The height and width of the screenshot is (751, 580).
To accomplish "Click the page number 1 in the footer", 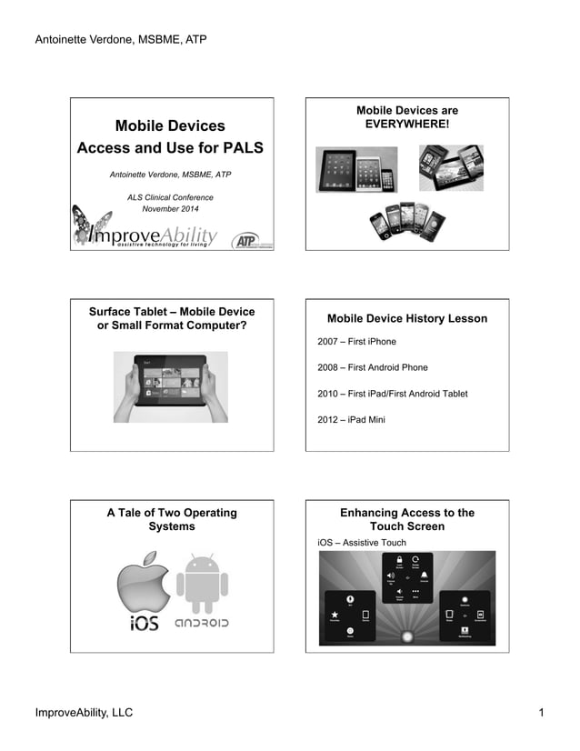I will [x=541, y=713].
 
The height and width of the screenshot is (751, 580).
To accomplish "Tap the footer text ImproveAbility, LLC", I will [x=84, y=713].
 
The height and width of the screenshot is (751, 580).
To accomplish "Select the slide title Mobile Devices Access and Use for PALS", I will [x=170, y=136].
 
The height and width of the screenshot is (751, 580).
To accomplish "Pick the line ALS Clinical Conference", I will [x=170, y=197].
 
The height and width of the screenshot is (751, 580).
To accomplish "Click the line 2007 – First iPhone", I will [x=356, y=342].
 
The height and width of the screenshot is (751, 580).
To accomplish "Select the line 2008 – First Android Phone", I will [x=373, y=367].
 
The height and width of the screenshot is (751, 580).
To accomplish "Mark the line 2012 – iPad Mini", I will [x=351, y=420].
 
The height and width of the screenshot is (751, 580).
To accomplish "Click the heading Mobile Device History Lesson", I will [x=406, y=319].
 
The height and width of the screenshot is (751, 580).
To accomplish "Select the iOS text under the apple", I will [x=145, y=625].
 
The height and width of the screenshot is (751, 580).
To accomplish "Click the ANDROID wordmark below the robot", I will [x=202, y=625].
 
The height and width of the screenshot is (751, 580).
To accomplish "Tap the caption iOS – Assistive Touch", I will [x=362, y=543].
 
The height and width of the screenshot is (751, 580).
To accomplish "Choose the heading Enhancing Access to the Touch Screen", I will [x=406, y=519].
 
